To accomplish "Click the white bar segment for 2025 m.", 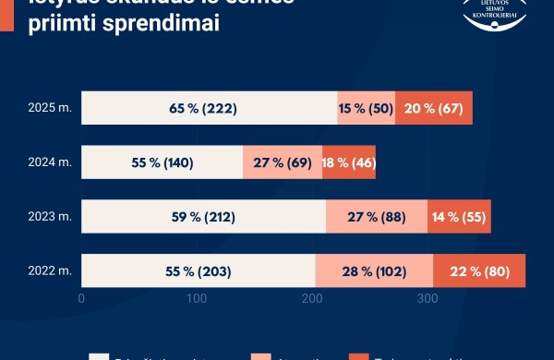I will tap(209, 108).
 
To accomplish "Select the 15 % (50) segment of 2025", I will tap(366, 108).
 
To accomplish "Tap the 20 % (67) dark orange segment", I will tap(433, 108).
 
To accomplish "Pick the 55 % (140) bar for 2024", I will tap(162, 162).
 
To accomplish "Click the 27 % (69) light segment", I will tap(282, 162).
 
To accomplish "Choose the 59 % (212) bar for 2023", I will tap(203, 217).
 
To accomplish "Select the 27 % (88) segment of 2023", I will tap(376, 217).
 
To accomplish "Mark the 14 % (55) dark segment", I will tap(459, 217).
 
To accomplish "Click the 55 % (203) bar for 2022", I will tap(199, 271).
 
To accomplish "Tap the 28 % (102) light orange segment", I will tap(373, 271).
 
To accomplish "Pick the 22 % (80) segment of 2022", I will tap(478, 271).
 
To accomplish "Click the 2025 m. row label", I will tap(50, 108).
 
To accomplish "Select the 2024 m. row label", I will tap(50, 162).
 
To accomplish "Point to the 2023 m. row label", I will tap(50, 217).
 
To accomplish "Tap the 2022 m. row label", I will tap(50, 271).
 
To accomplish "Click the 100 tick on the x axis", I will tap(197, 298).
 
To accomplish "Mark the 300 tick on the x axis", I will tap(427, 298).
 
